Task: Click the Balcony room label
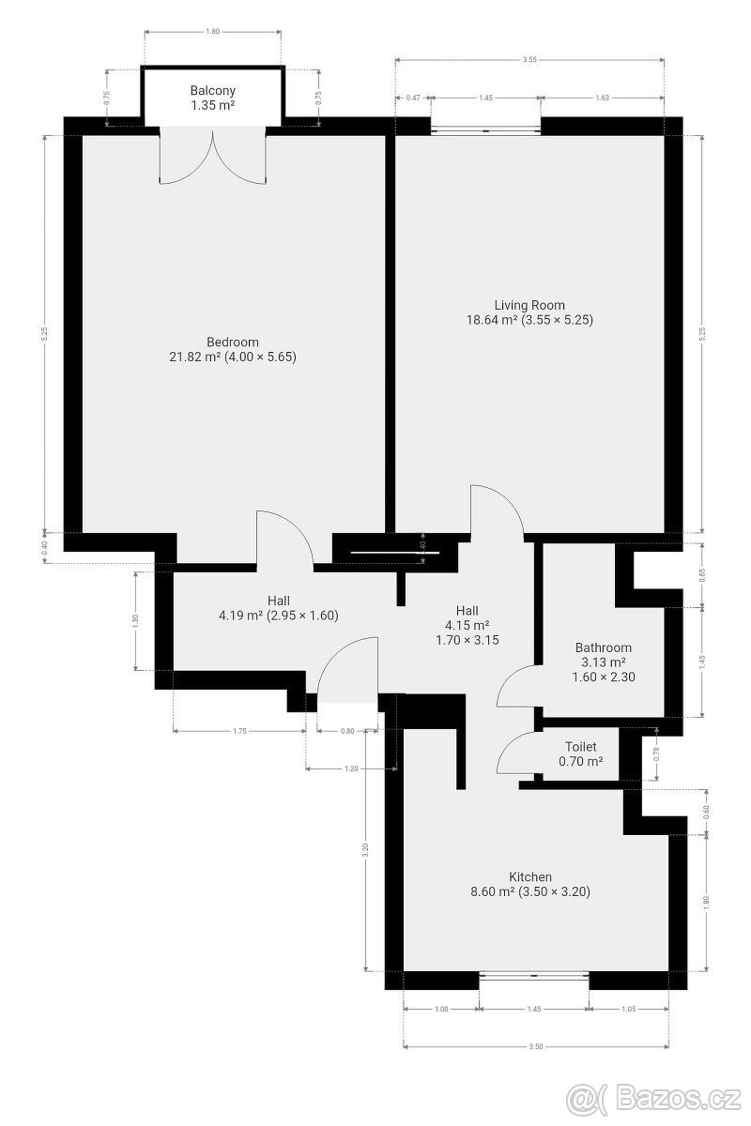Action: tap(213, 91)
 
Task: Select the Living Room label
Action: tap(529, 305)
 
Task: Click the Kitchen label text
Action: tap(529, 876)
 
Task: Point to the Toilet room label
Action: tap(580, 747)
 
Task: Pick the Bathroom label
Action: tap(603, 647)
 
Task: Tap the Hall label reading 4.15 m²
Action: tap(467, 625)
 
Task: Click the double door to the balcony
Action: tap(214, 158)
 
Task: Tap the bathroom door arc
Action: tap(514, 684)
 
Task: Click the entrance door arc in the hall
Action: tap(347, 668)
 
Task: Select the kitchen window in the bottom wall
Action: tap(533, 977)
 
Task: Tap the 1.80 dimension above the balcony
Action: tap(212, 32)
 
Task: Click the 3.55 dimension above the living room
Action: tap(530, 60)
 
